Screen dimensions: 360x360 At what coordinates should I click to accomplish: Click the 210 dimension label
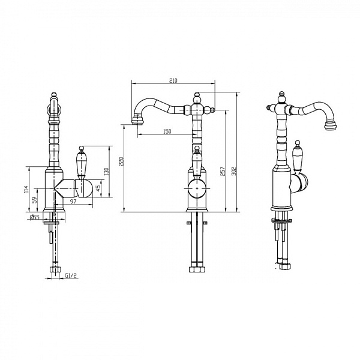173,80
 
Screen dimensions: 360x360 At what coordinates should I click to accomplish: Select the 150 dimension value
167,131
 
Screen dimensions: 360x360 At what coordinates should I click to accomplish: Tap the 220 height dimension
121,161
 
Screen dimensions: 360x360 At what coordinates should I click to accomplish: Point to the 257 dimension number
223,171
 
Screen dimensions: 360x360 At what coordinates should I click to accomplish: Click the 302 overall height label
234,171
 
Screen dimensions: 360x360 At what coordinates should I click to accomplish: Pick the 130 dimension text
106,172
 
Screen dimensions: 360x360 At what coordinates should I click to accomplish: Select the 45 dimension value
98,188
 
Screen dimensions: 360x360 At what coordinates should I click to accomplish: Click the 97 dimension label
73,202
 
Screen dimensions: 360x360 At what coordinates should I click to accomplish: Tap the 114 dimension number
26,189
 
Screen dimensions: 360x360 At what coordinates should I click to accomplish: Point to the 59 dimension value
34,200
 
